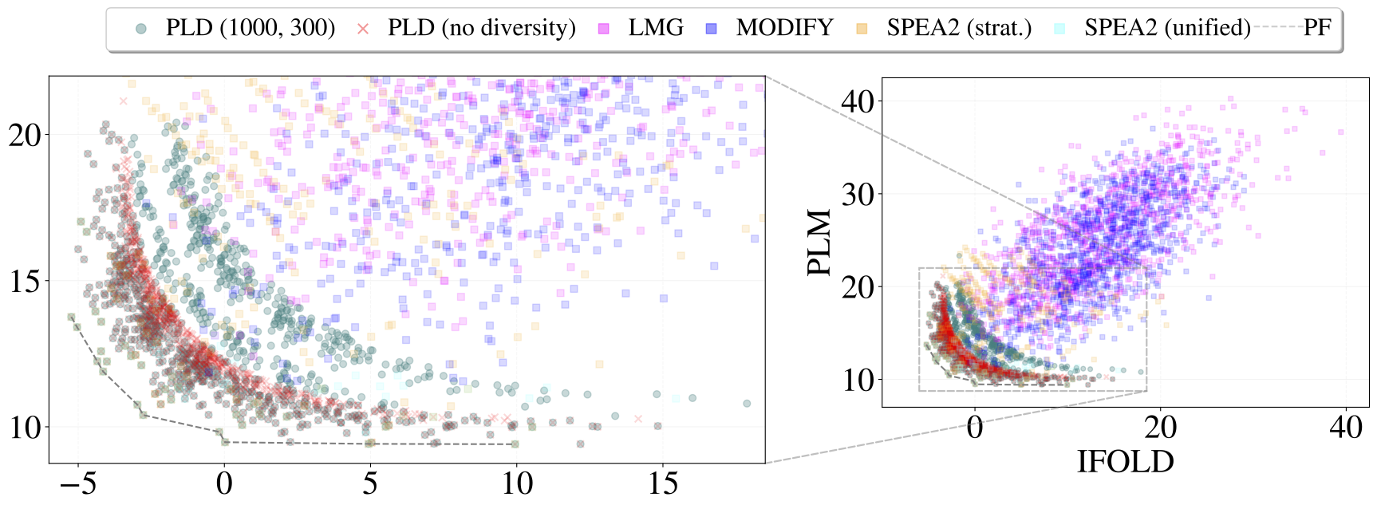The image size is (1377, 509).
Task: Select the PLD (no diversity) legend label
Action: (x=481, y=28)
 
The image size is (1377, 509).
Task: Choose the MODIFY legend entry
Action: (x=784, y=28)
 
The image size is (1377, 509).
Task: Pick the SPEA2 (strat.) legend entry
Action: (x=958, y=28)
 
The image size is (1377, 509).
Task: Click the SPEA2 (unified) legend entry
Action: (x=1166, y=28)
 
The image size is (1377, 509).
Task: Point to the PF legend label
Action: (x=1317, y=28)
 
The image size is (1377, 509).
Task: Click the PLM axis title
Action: (x=819, y=243)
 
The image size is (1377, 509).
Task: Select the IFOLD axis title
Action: (x=1125, y=461)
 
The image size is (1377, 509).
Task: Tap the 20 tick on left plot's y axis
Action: (x=25, y=135)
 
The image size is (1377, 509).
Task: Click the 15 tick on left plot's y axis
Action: (x=25, y=281)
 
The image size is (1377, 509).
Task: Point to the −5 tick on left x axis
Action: (x=78, y=483)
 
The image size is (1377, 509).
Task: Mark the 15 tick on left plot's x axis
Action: (x=662, y=483)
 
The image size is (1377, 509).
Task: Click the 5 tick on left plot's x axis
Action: (x=370, y=483)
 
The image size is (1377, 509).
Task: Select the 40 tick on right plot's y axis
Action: (x=858, y=101)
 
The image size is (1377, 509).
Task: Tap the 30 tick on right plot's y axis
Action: (x=858, y=194)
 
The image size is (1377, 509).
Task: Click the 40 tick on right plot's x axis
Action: (x=1345, y=428)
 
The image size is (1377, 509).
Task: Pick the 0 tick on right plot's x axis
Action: (x=974, y=428)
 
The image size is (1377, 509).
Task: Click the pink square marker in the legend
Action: (x=604, y=29)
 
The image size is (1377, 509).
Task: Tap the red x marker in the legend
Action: (x=363, y=29)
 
